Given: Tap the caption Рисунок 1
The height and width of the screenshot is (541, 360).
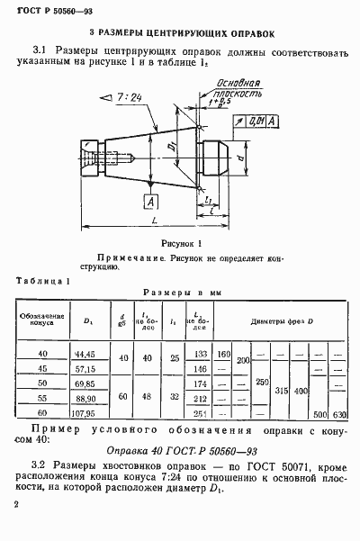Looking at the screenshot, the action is coord(180,244).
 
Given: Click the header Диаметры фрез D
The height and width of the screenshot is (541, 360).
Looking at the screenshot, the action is coord(281,320).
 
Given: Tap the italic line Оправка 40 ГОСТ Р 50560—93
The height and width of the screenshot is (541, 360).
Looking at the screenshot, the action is coord(176,450).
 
